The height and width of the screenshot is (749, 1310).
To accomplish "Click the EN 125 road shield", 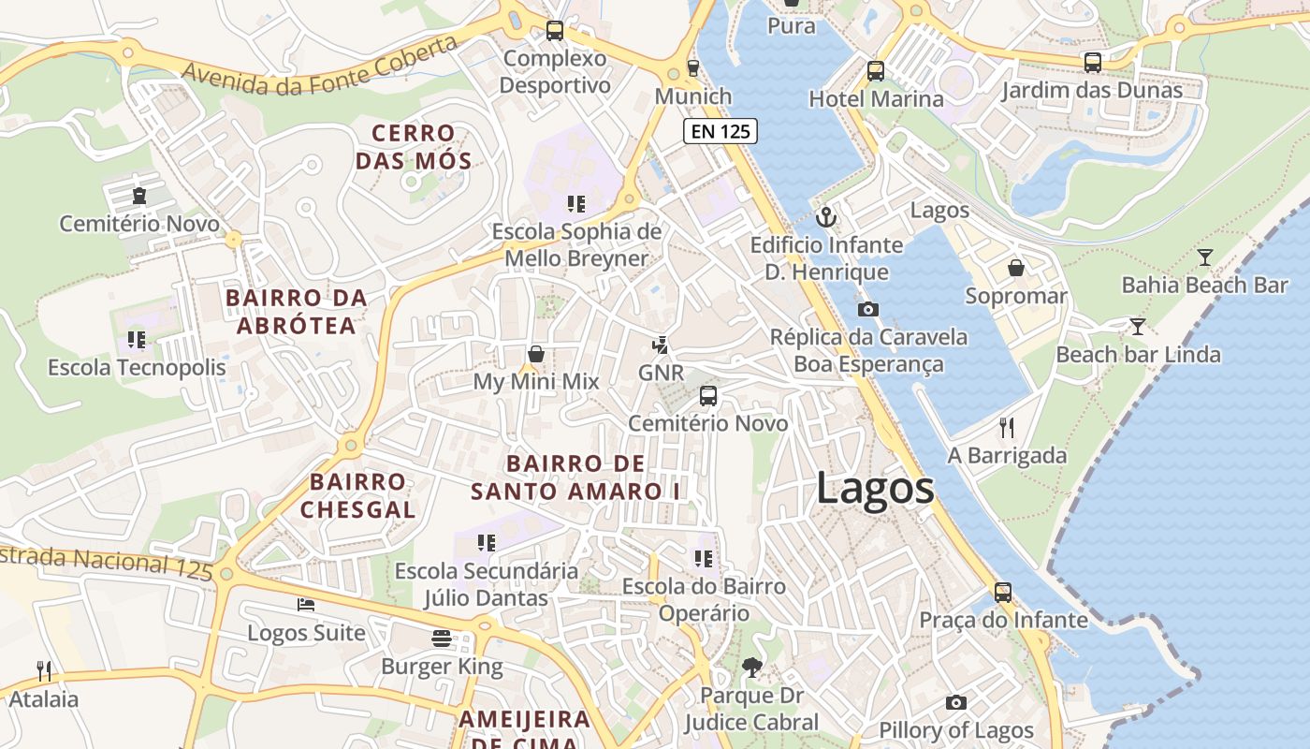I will (720, 131).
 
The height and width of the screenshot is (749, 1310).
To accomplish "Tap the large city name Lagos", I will (875, 489).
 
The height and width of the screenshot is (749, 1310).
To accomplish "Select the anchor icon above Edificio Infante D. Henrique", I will (826, 218).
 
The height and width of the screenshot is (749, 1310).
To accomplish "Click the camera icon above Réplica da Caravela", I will (867, 309).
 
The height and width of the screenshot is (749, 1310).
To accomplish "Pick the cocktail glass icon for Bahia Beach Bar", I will (1205, 257).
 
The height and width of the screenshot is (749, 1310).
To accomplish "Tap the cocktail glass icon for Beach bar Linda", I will (1137, 327).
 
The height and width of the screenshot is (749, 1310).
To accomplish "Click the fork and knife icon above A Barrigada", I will (1007, 428).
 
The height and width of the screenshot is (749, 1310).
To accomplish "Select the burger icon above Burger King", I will (443, 639).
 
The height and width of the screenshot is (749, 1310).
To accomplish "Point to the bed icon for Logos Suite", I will (306, 605).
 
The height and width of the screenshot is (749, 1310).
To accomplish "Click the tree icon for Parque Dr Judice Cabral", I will (750, 668).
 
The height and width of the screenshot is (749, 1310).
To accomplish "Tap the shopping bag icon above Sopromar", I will (1016, 269).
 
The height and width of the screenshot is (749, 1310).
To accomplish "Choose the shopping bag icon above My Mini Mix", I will (536, 354).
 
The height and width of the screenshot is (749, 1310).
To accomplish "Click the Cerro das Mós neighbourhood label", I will (413, 147).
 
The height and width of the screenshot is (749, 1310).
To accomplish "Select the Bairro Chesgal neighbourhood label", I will (358, 496).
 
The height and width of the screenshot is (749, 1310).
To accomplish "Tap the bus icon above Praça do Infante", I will (1003, 592).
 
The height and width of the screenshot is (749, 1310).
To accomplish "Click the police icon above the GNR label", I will (661, 345).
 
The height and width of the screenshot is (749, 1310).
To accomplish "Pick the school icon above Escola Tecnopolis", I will (137, 340).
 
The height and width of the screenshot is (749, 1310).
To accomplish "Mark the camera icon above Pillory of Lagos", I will (955, 702).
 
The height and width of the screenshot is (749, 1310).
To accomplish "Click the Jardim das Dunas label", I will (1091, 91).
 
